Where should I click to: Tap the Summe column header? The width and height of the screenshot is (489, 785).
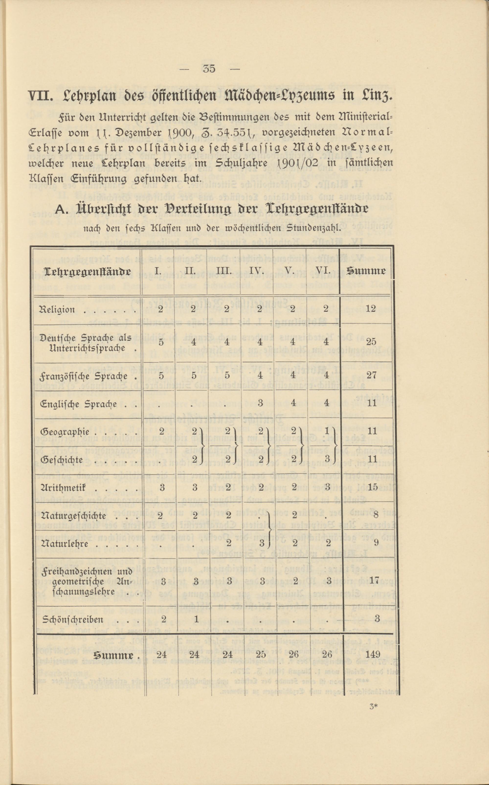[366, 271]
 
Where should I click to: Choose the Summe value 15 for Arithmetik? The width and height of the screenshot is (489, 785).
[373, 487]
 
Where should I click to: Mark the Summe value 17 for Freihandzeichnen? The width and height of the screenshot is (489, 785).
[374, 580]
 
